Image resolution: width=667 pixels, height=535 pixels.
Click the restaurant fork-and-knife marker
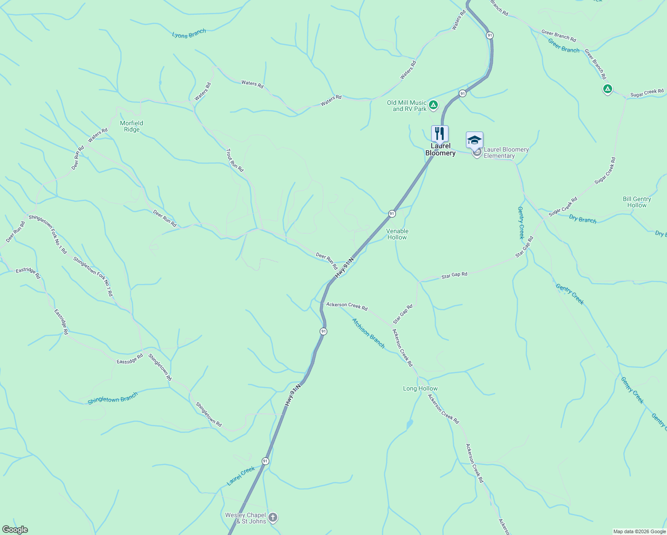tap(440, 134)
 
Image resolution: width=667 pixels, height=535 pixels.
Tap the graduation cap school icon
tap(474, 140)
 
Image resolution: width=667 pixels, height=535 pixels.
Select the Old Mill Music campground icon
tap(433, 106)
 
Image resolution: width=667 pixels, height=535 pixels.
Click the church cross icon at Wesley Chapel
tap(273, 518)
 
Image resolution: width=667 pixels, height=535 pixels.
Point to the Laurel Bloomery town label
tap(441, 149)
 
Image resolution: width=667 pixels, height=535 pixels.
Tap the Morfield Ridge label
tap(132, 126)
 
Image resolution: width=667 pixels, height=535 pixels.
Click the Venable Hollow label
tap(397, 234)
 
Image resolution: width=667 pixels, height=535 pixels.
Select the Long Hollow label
tap(420, 388)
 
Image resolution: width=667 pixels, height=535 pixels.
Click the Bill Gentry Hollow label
tap(637, 202)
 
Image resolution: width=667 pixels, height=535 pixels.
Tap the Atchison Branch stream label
tap(368, 333)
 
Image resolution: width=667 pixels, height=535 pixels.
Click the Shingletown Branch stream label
tap(113, 398)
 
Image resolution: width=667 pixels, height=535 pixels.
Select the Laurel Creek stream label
tap(241, 476)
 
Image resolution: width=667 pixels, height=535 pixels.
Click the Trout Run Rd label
tap(235, 160)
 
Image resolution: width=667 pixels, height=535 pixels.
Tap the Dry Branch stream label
tap(583, 218)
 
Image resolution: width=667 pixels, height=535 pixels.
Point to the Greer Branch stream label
tap(564, 45)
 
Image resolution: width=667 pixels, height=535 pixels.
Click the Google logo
tap(15, 530)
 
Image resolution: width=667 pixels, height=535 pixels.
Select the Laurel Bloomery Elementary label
tap(506, 152)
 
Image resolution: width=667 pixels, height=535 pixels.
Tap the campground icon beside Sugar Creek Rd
tap(607, 89)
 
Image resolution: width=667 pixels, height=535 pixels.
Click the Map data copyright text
tap(639, 531)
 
